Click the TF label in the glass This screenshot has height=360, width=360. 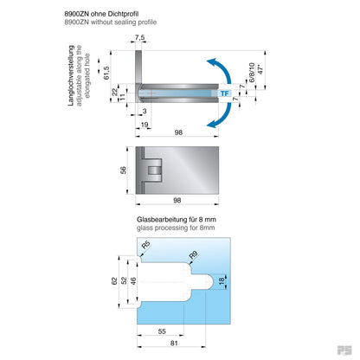pyautogui.click(x=223, y=93)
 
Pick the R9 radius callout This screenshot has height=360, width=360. pyautogui.click(x=194, y=255)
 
